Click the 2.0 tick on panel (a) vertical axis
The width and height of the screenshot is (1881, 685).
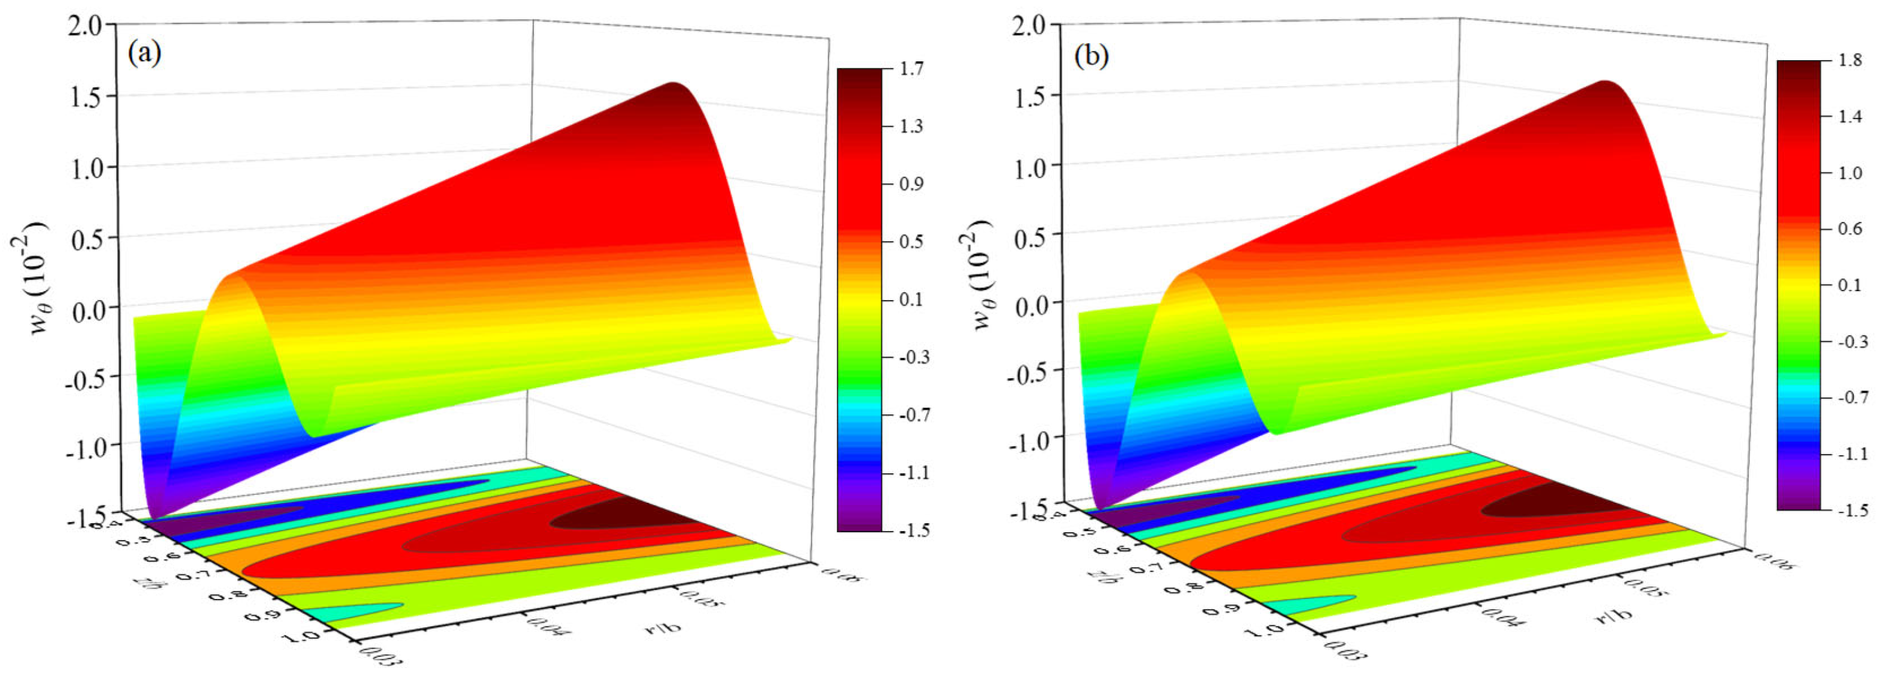point(90,25)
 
